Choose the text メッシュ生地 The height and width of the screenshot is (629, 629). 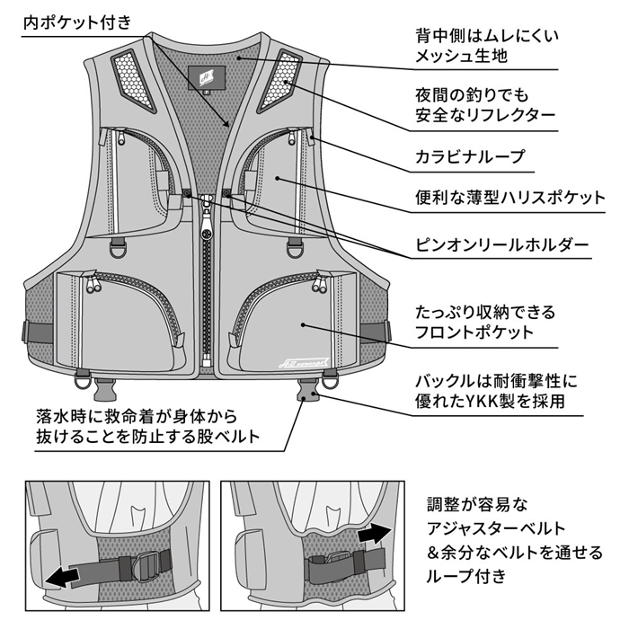462,57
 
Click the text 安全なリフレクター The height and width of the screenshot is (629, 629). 485,114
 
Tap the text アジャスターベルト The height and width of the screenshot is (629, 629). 497,527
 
